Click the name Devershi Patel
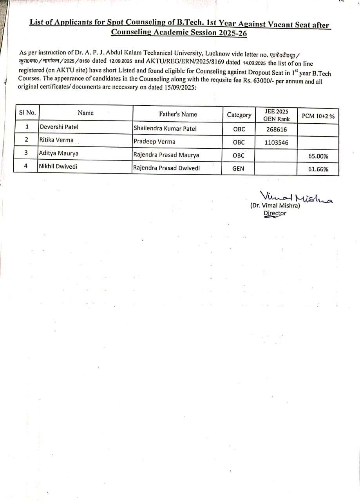pos(59,127)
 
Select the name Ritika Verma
pos(56,140)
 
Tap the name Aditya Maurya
pos(59,153)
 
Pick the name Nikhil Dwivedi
pos(58,166)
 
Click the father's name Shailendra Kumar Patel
pos(165,128)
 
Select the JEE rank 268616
pos(276,130)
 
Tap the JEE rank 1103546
pos(276,143)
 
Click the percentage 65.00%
pos(318,156)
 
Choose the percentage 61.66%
pos(318,169)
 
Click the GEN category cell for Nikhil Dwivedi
pos(238,169)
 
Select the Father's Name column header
pos(178,114)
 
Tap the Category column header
pos(239,115)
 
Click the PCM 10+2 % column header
pos(318,116)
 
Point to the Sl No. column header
pos(27,113)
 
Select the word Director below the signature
pos(275,213)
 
